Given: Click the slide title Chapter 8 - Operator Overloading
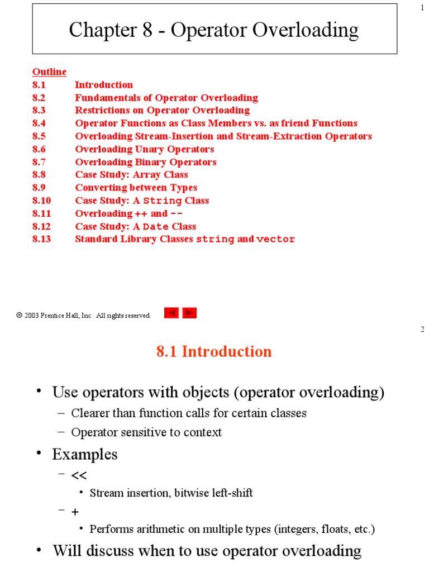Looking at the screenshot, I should [214, 30].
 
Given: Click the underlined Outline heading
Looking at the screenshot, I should [49, 72].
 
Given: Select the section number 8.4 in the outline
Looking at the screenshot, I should [39, 123].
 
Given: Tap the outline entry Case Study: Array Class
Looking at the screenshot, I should [131, 175].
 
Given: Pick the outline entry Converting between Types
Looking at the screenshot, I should [136, 188].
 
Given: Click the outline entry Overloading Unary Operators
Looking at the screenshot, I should [144, 149].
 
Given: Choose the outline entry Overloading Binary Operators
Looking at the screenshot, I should [145, 162].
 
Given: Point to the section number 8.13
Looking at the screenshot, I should [41, 239].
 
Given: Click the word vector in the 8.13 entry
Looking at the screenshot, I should [275, 240].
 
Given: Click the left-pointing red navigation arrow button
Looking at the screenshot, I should [171, 313].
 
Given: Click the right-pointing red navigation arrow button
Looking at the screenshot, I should [190, 313].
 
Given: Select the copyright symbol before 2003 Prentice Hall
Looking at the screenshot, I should [19, 316].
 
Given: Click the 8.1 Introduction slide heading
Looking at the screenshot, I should [214, 351].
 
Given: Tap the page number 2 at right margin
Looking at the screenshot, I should [422, 330].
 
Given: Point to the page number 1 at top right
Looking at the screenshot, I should [422, 7].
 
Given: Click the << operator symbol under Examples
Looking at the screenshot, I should [79, 475].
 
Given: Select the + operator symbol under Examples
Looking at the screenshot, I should [75, 512].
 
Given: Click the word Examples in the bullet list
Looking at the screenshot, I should [85, 454].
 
